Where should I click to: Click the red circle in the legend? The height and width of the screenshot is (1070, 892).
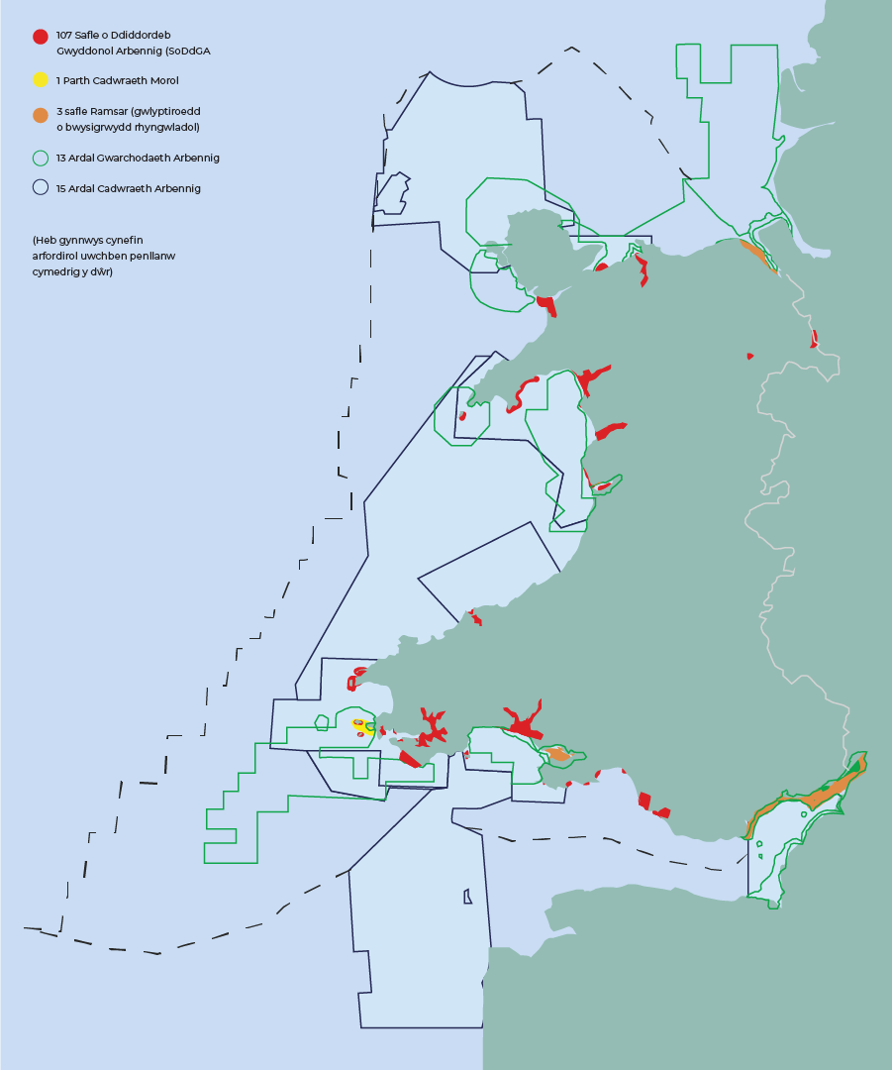point(40,37)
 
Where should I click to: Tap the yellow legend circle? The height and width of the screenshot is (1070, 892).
point(40,79)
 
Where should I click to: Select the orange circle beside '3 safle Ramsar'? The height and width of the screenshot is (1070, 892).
point(40,115)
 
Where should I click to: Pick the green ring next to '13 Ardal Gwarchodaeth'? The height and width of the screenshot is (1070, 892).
point(40,158)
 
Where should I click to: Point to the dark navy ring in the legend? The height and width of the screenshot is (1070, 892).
point(40,187)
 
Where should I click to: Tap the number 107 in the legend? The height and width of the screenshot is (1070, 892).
point(64,35)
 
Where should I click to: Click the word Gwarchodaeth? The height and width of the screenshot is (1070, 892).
point(135,158)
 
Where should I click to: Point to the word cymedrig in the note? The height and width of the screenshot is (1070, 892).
point(57,271)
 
